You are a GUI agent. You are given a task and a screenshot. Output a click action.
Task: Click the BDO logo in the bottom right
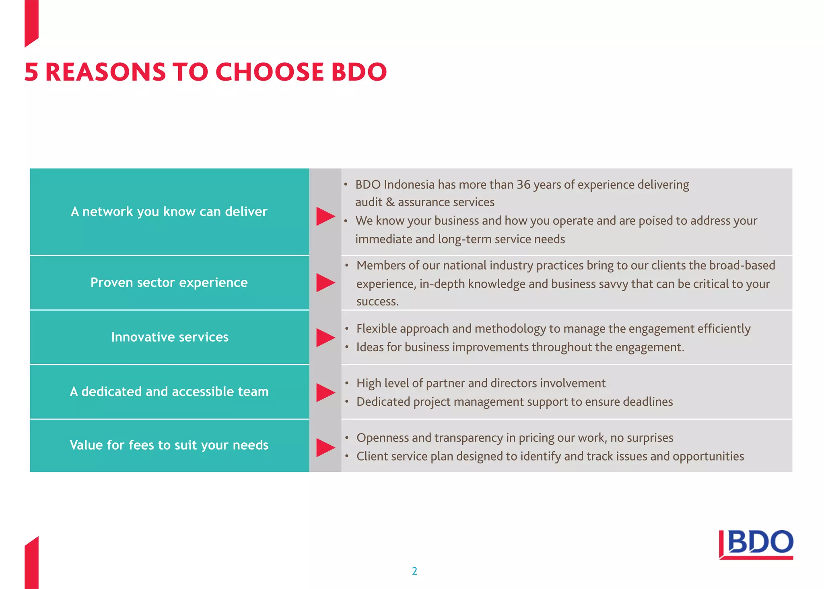756,544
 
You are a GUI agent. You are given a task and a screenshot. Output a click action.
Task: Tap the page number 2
414,571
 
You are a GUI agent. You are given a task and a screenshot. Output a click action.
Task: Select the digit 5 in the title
31,72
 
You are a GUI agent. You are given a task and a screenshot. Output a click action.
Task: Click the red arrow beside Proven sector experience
325,282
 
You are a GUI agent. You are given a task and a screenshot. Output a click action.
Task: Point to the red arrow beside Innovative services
325,338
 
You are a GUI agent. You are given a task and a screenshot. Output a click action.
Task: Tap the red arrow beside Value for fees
325,447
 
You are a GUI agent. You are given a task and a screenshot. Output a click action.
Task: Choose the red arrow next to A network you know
325,216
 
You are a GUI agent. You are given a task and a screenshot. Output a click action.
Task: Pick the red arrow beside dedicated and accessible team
325,392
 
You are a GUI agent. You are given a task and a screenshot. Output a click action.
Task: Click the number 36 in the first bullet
523,185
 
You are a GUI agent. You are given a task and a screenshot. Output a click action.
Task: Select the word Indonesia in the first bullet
409,185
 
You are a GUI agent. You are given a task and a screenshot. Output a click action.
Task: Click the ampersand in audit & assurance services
390,202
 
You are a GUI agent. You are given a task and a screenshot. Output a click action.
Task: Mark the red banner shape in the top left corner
31,22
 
